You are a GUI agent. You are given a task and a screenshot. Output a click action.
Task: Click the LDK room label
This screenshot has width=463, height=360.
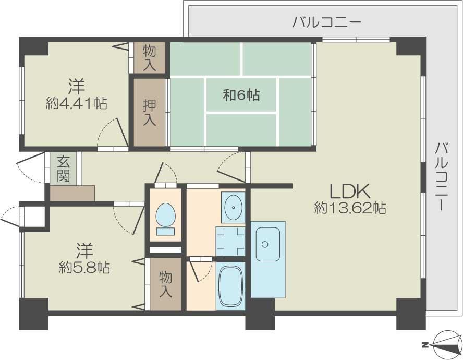tap(350, 191)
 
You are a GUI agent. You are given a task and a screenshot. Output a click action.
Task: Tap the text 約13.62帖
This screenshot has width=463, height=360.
tap(350, 208)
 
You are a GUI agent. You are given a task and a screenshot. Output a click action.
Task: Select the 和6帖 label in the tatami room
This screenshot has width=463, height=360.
tap(241, 95)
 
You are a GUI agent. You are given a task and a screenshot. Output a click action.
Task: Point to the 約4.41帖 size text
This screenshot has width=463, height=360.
tap(76, 103)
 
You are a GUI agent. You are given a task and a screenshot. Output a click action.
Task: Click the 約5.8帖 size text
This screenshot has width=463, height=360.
tap(84, 268)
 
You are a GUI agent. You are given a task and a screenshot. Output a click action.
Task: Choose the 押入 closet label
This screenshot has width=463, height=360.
tap(150, 113)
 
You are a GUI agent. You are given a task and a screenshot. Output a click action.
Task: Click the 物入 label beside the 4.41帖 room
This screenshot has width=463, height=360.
tap(150, 58)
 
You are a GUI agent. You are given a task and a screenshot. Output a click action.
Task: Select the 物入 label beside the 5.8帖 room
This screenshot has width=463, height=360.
tap(166, 284)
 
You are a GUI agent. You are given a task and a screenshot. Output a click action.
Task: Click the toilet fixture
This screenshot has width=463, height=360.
tap(165, 219)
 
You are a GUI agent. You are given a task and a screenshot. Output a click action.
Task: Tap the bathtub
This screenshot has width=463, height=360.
tap(230, 286)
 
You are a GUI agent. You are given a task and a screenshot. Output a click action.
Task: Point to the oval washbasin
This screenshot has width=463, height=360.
tap(233, 207)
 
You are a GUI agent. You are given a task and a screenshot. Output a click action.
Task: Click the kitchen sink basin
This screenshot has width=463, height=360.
tap(268, 244)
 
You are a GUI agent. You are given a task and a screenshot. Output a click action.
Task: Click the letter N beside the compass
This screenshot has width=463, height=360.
tap(425, 345)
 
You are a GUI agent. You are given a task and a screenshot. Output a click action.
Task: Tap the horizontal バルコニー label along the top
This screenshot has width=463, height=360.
tap(326, 22)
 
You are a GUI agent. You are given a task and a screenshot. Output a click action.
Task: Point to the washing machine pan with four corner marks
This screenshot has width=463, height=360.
tap(230, 242)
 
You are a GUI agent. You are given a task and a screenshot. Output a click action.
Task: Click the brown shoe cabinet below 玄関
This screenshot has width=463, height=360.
tap(72, 193)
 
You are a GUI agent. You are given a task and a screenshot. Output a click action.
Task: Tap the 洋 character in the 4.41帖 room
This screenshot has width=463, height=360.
tap(77, 86)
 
